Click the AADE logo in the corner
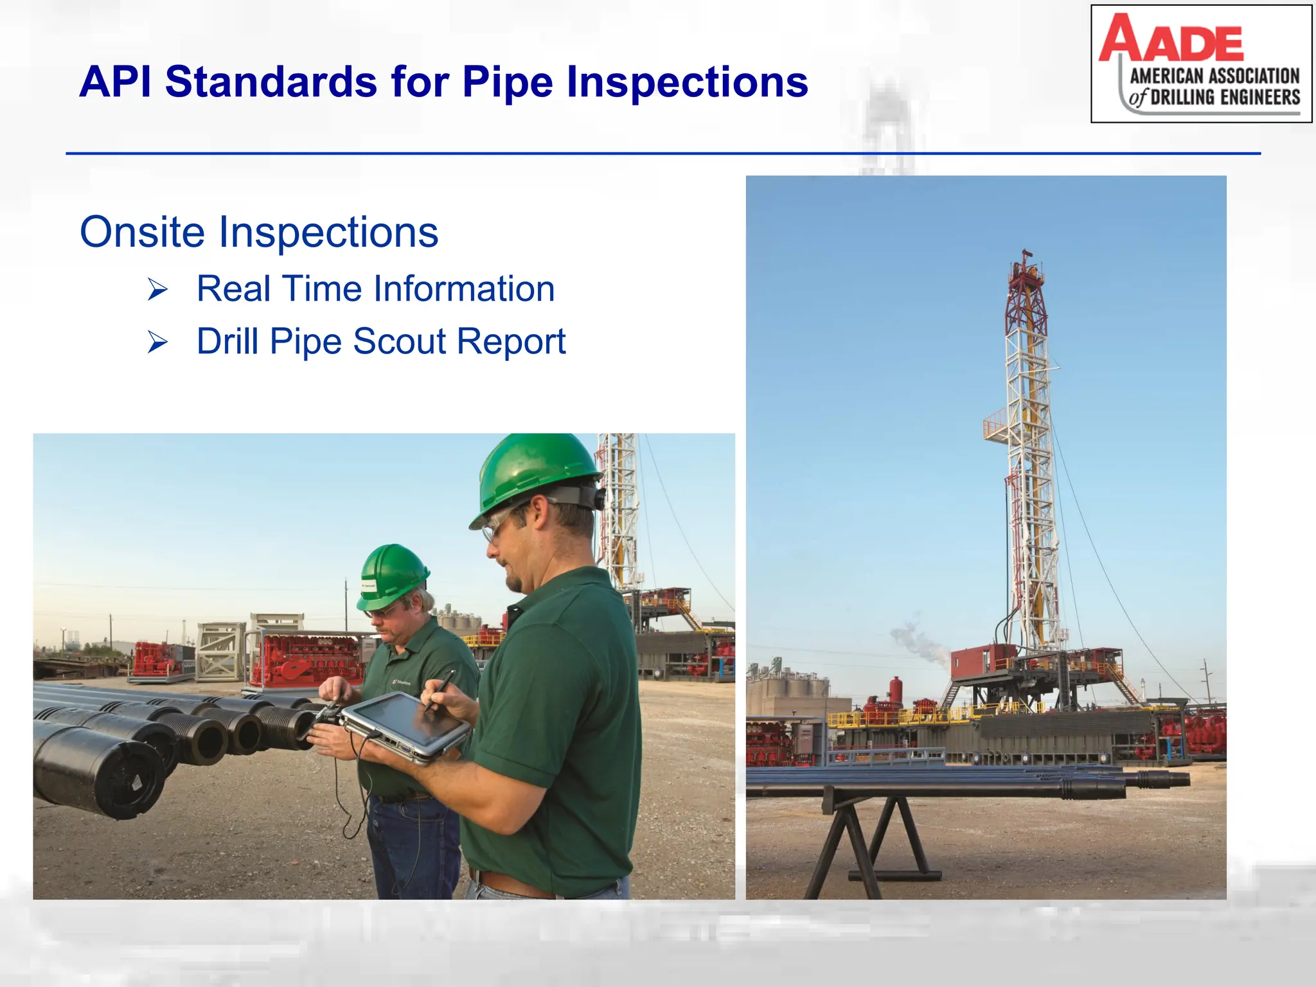click(1200, 63)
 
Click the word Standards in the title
click(271, 82)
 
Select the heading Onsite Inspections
click(259, 232)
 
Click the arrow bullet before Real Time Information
click(157, 289)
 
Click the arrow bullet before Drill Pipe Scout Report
click(157, 342)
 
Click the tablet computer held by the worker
click(405, 726)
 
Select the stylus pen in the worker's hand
click(440, 689)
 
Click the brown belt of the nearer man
click(514, 885)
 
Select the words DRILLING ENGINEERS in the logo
click(1225, 98)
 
